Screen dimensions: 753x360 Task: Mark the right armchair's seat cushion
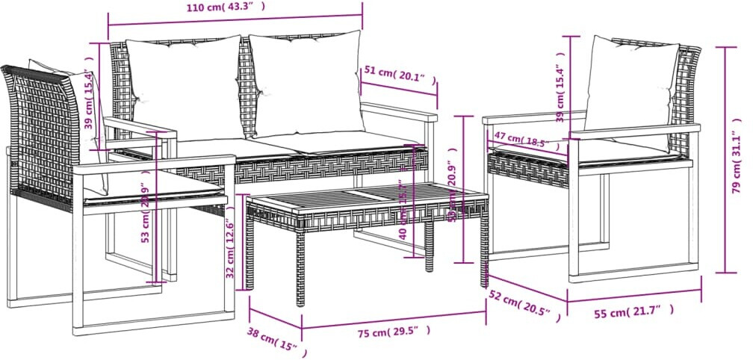click(627, 152)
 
